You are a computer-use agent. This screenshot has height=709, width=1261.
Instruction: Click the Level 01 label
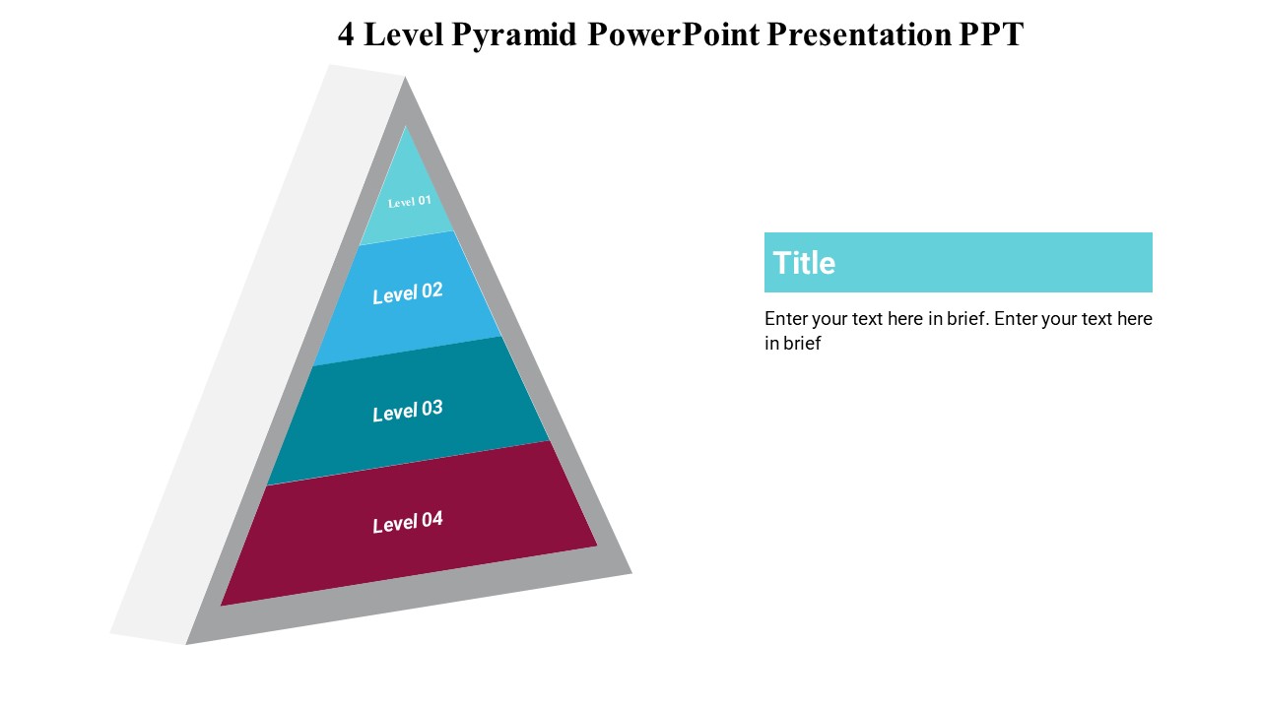[x=409, y=202]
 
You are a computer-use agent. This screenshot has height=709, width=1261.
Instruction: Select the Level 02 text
[x=408, y=293]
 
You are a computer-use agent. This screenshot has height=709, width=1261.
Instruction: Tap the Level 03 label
[x=408, y=411]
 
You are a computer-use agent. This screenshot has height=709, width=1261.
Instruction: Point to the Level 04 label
[x=408, y=522]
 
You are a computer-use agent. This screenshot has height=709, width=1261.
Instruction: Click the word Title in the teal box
[x=804, y=263]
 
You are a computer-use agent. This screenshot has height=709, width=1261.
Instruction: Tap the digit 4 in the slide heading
[x=346, y=34]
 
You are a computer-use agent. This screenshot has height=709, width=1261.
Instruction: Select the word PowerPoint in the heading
[x=674, y=34]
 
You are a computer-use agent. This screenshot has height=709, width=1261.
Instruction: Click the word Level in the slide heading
[x=404, y=34]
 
